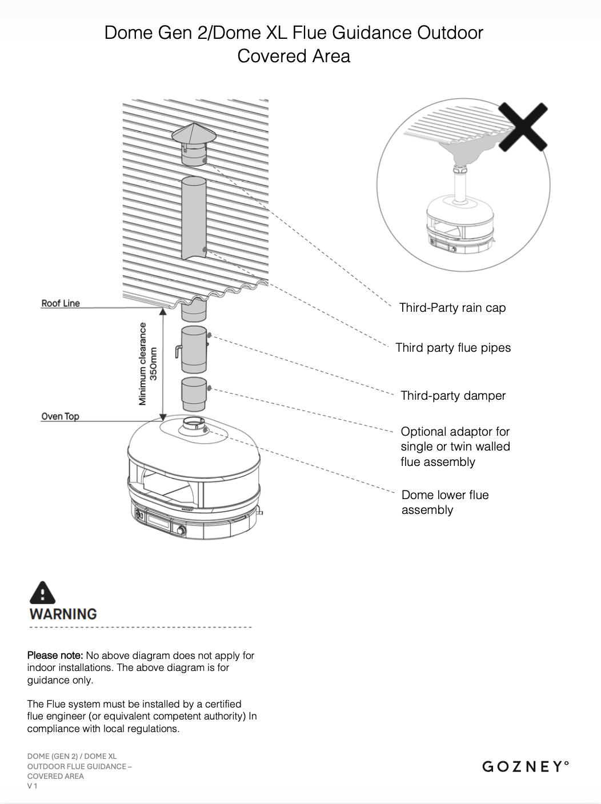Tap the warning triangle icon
tap(42, 593)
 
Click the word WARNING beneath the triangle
tap(63, 614)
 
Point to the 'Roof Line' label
tap(61, 303)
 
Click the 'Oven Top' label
tap(60, 416)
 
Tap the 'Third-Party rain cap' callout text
tap(452, 308)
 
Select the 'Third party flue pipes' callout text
tap(453, 348)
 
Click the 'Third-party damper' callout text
tap(453, 396)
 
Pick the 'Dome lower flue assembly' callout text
tap(445, 502)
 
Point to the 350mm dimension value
tap(153, 364)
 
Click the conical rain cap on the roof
tap(194, 135)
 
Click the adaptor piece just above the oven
tap(194, 393)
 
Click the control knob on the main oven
tap(181, 530)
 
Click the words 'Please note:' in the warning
tap(55, 656)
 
